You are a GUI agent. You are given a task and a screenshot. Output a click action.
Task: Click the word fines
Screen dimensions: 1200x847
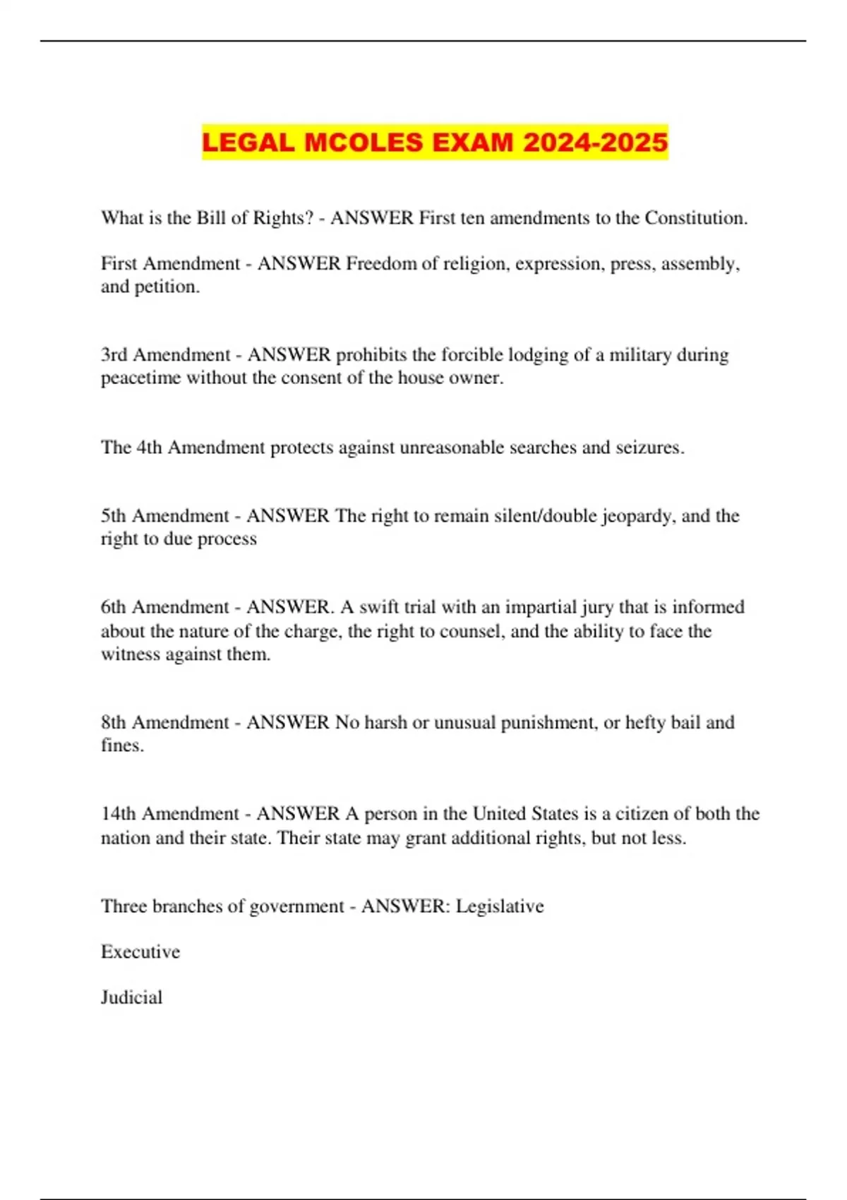point(121,746)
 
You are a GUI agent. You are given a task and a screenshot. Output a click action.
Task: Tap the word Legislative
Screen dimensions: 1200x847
point(500,906)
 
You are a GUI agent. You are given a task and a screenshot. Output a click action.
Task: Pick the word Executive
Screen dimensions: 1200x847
point(140,952)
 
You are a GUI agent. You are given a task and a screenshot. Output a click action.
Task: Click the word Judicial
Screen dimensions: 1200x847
point(131,997)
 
